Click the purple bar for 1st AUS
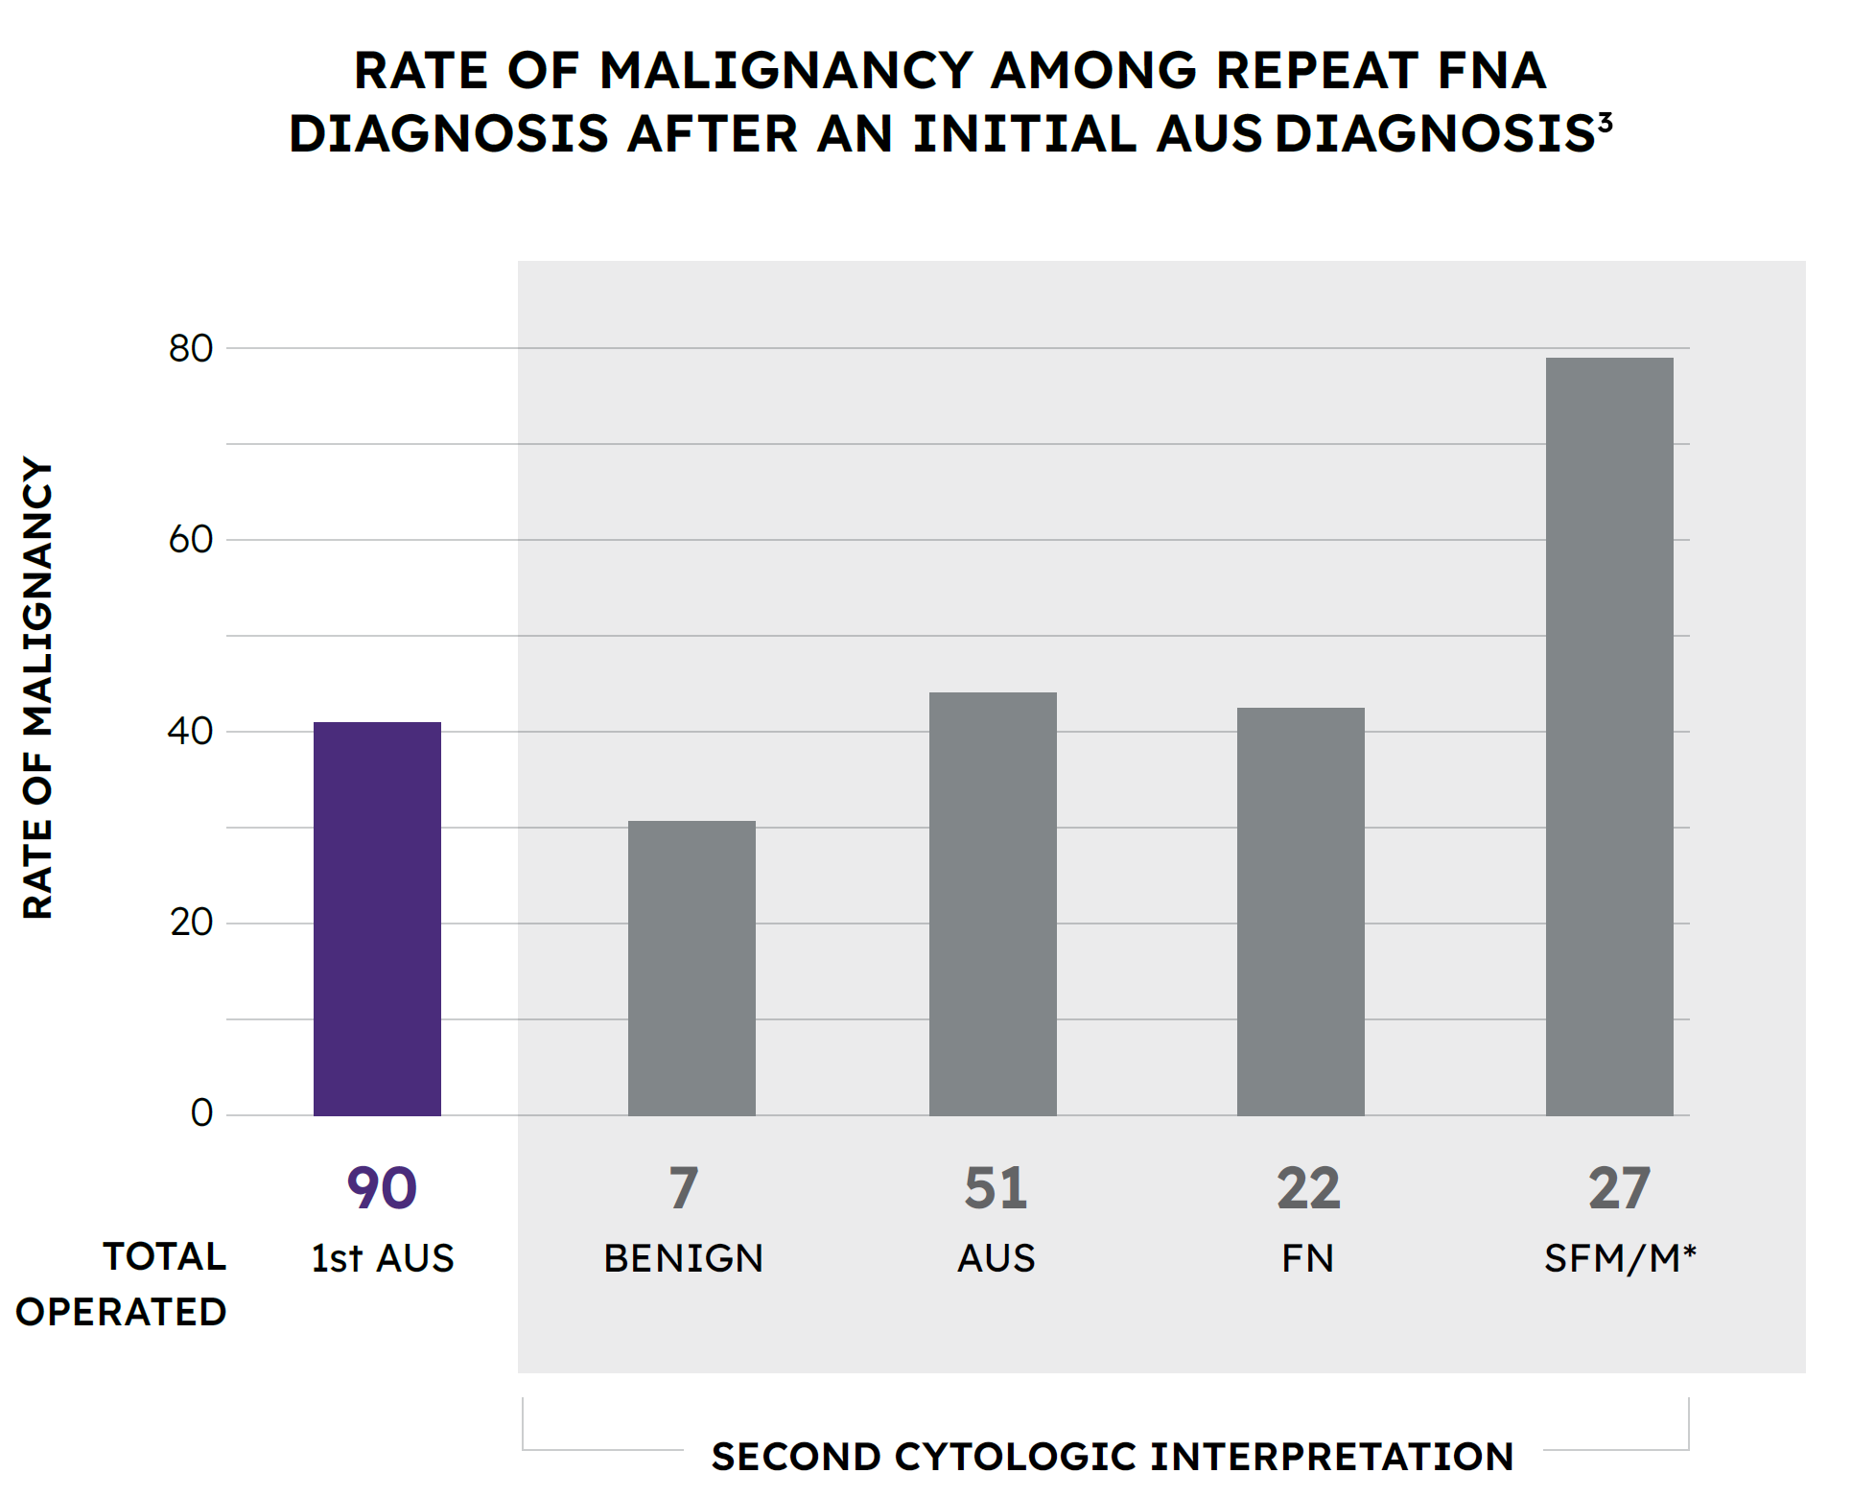tap(377, 918)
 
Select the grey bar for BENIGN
tap(692, 968)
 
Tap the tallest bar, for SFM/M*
tap(1608, 736)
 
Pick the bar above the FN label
tap(1300, 911)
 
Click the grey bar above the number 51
tap(993, 903)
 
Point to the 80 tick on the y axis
tap(190, 348)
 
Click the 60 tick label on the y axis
tap(190, 540)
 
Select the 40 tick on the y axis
tap(190, 732)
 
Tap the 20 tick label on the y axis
tap(190, 923)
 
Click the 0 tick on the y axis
tap(201, 1113)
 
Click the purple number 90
tap(382, 1188)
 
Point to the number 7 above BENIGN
tap(684, 1188)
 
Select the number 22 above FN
tap(1307, 1188)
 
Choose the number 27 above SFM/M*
tap(1619, 1188)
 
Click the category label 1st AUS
tap(382, 1258)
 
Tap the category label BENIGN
tap(684, 1258)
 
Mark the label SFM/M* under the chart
tap(1619, 1258)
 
